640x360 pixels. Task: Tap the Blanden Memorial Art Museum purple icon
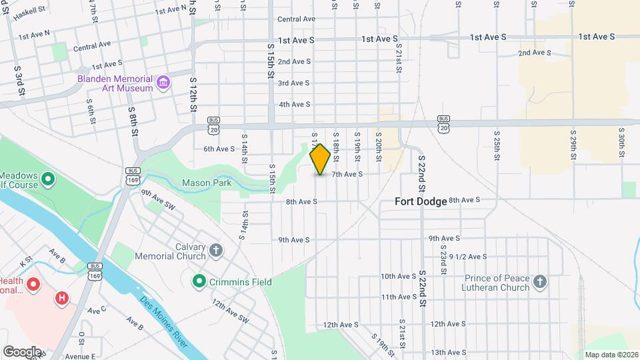pos(163,83)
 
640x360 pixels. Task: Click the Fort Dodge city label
pos(421,201)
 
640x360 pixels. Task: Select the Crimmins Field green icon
pos(199,282)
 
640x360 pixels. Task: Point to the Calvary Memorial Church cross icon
pos(215,251)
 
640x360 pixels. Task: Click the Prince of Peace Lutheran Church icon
pos(540,283)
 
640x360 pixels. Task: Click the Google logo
pos(22,351)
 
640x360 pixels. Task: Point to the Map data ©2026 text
pos(611,355)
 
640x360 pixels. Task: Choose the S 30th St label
pos(621,142)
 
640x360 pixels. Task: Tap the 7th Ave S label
pos(347,174)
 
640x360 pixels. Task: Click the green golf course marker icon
pos(47,179)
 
